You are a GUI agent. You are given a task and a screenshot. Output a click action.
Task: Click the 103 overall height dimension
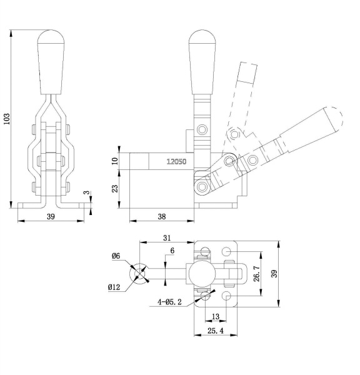[7, 119]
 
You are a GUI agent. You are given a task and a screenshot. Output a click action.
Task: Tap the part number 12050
[176, 162]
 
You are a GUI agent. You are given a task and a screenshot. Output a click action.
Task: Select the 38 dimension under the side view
[162, 217]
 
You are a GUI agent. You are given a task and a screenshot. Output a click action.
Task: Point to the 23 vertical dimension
[115, 189]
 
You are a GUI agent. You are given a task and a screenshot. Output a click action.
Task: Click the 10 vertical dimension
[115, 161]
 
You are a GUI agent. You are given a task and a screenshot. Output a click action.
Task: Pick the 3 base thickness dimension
[87, 192]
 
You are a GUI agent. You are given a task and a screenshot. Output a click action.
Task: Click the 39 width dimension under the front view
[51, 217]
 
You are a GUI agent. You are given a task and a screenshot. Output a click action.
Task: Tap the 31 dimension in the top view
[167, 238]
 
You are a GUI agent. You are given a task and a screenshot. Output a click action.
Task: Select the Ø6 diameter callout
[116, 256]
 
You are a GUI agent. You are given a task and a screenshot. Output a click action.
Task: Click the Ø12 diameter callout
[114, 287]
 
